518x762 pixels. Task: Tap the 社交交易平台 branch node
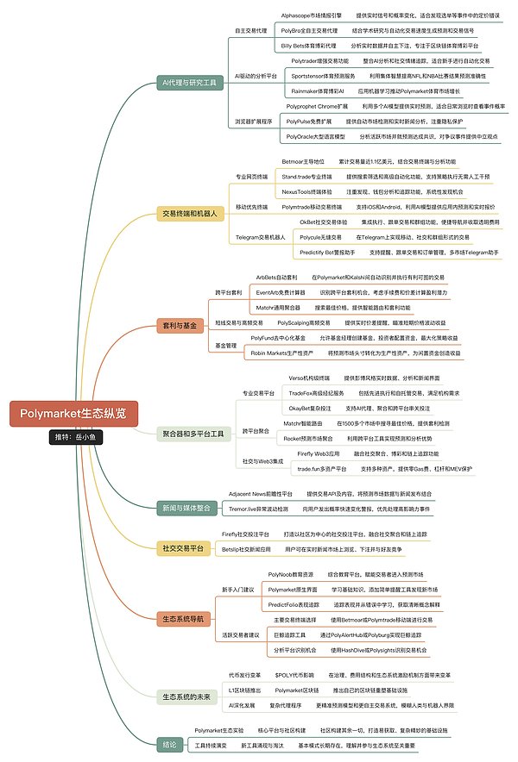[183, 547]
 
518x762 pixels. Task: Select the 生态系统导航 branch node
[183, 618]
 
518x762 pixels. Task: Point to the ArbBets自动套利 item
[276, 278]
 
